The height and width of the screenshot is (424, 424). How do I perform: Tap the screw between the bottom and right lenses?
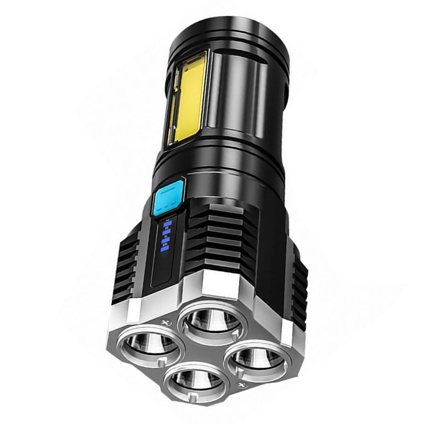click(242, 385)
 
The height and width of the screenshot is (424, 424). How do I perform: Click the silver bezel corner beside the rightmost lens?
click(290, 331)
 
